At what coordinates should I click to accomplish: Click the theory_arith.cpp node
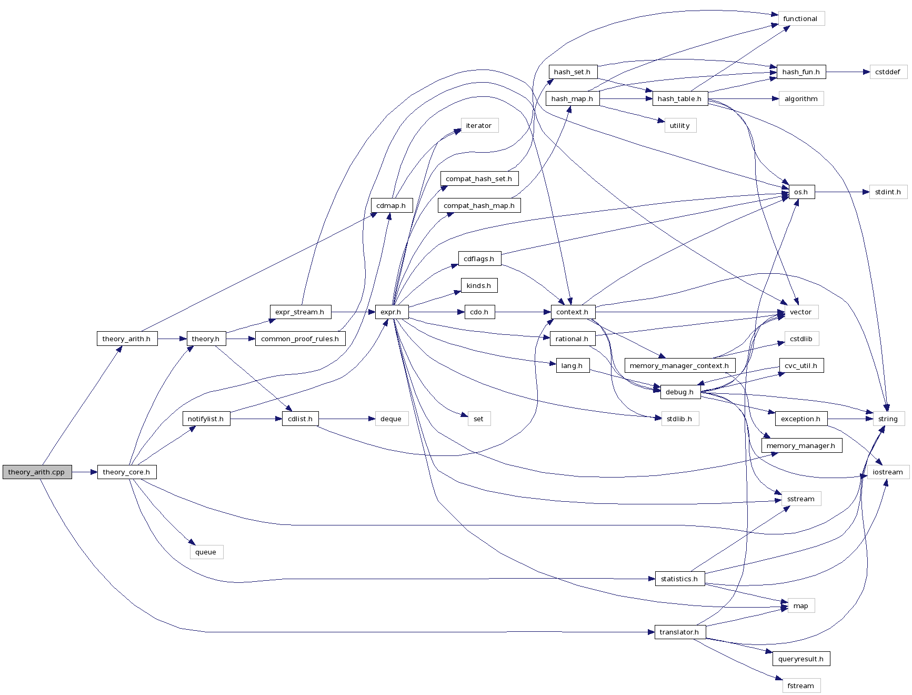37,472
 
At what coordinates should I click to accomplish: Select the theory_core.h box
126,472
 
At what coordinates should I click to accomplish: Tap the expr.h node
391,312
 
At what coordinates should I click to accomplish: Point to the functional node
800,19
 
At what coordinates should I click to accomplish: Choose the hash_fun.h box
801,72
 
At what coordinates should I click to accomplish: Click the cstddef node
888,72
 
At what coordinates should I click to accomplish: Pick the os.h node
801,192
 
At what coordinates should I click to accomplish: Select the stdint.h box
888,192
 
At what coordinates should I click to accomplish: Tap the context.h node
573,312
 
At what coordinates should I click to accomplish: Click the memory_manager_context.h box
679,366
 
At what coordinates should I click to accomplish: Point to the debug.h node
679,392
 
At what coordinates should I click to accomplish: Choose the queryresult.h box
800,659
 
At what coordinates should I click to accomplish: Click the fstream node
800,686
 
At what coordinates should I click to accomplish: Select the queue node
206,552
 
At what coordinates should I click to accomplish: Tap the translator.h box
679,632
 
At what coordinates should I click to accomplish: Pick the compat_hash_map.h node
479,206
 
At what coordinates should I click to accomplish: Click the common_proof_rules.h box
300,339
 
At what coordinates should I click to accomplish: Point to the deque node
391,419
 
